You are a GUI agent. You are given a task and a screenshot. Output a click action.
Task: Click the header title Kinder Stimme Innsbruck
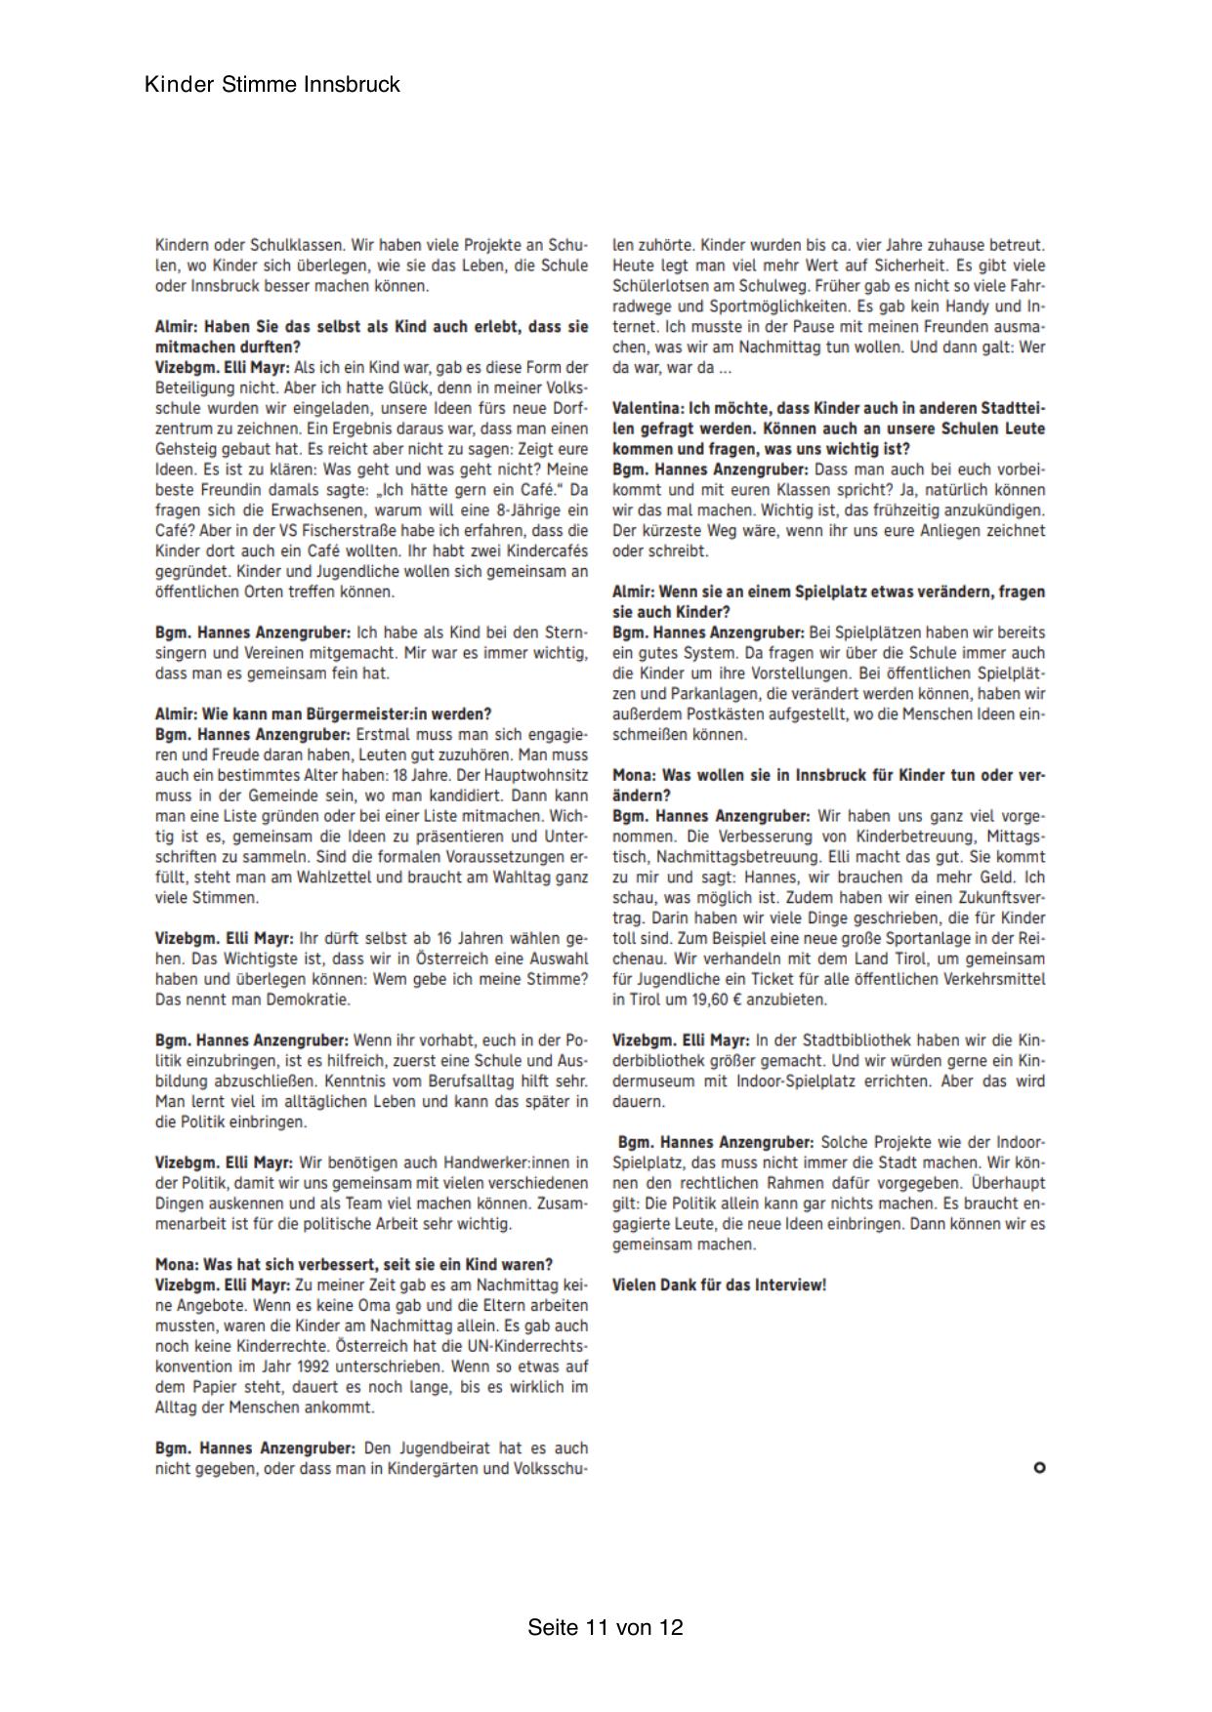(x=272, y=85)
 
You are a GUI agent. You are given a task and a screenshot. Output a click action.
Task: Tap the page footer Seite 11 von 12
(x=606, y=1627)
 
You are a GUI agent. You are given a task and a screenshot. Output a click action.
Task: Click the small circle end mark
(x=1039, y=1467)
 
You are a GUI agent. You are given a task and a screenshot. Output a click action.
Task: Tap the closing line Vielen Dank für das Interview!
(x=719, y=1285)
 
